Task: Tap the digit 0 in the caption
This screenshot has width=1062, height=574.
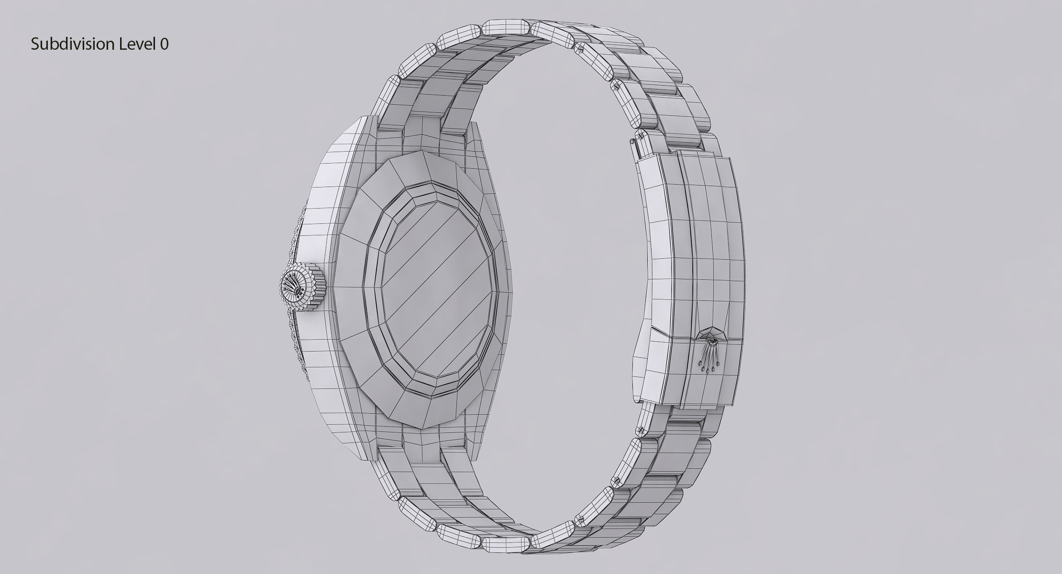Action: pyautogui.click(x=164, y=44)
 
